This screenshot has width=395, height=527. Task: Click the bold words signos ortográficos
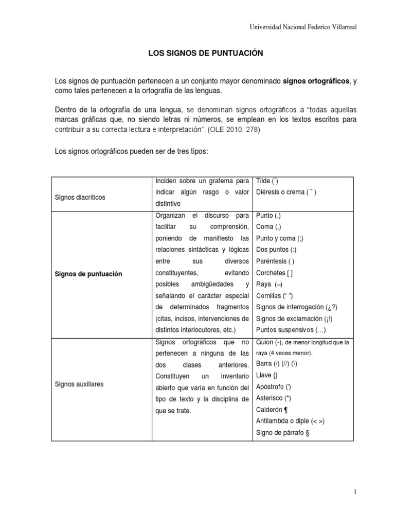click(316, 81)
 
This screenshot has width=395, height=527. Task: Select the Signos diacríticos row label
click(80, 197)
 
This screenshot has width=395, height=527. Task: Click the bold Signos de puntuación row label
click(88, 274)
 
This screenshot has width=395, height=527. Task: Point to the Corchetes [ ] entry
click(275, 273)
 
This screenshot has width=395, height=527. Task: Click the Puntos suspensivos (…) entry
click(291, 330)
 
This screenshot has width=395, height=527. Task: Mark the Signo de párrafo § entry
click(282, 432)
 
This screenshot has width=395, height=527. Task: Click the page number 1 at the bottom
click(355, 492)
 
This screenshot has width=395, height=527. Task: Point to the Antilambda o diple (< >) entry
click(290, 421)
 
